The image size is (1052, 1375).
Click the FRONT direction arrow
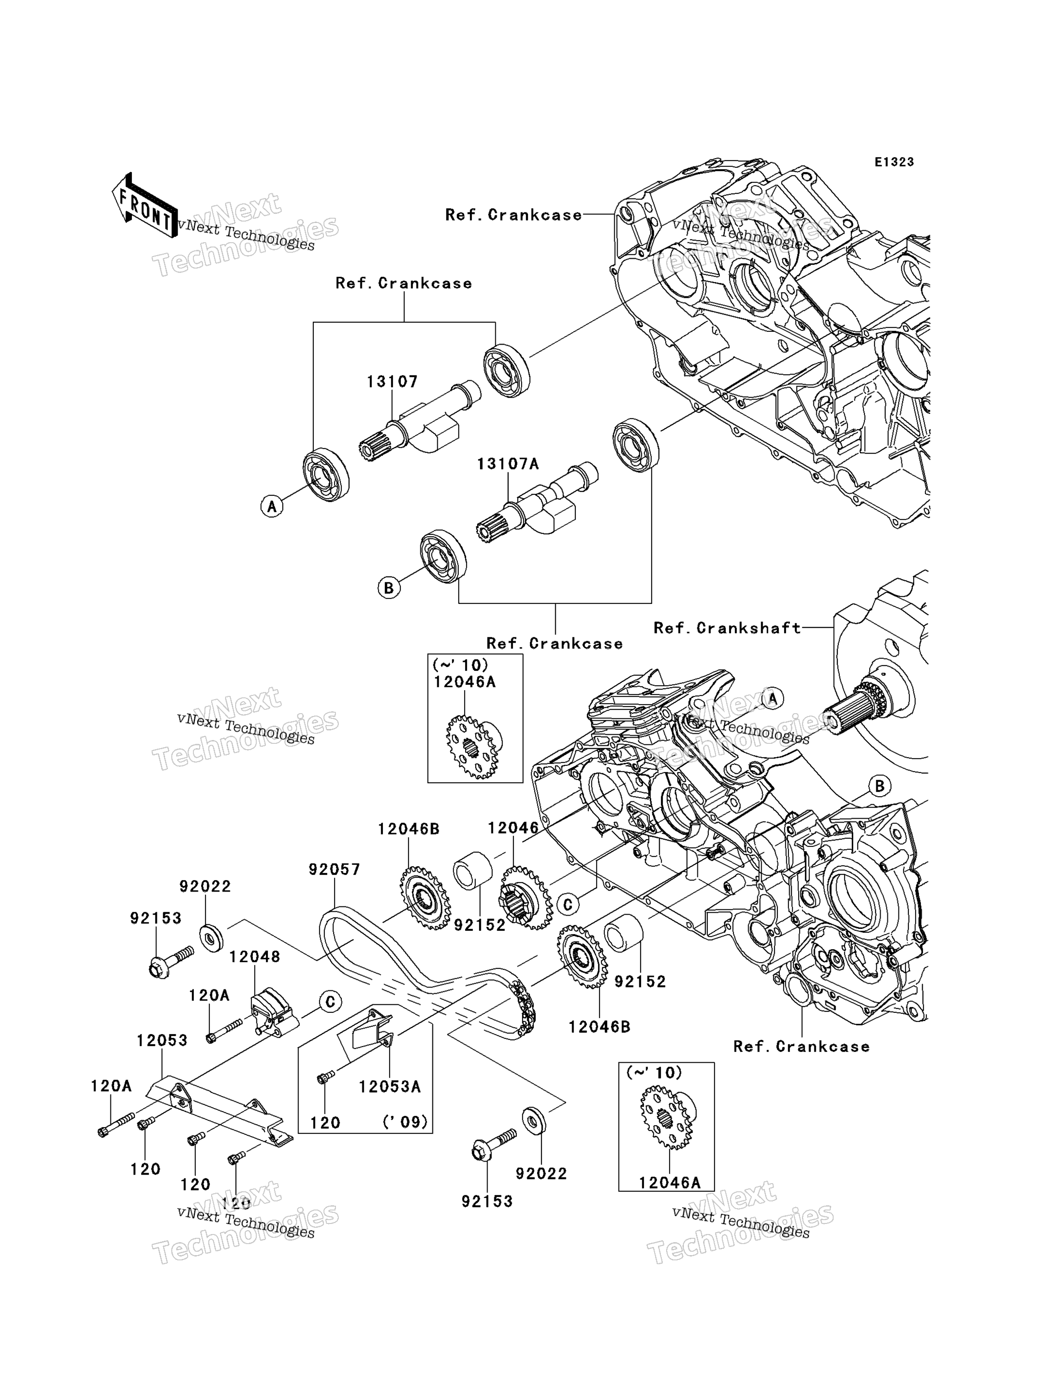[144, 206]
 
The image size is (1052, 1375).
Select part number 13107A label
[508, 464]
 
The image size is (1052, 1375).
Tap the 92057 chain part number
[335, 870]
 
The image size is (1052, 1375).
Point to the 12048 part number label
[255, 956]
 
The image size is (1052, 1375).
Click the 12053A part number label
[390, 1086]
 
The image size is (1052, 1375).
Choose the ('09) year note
[406, 1122]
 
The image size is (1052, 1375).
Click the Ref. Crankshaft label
[727, 628]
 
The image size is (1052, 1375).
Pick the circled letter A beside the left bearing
[272, 505]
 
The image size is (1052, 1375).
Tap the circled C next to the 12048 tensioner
[330, 1002]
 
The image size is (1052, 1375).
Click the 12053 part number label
[162, 1040]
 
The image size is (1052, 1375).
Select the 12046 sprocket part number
[514, 828]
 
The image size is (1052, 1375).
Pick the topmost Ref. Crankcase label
[514, 215]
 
